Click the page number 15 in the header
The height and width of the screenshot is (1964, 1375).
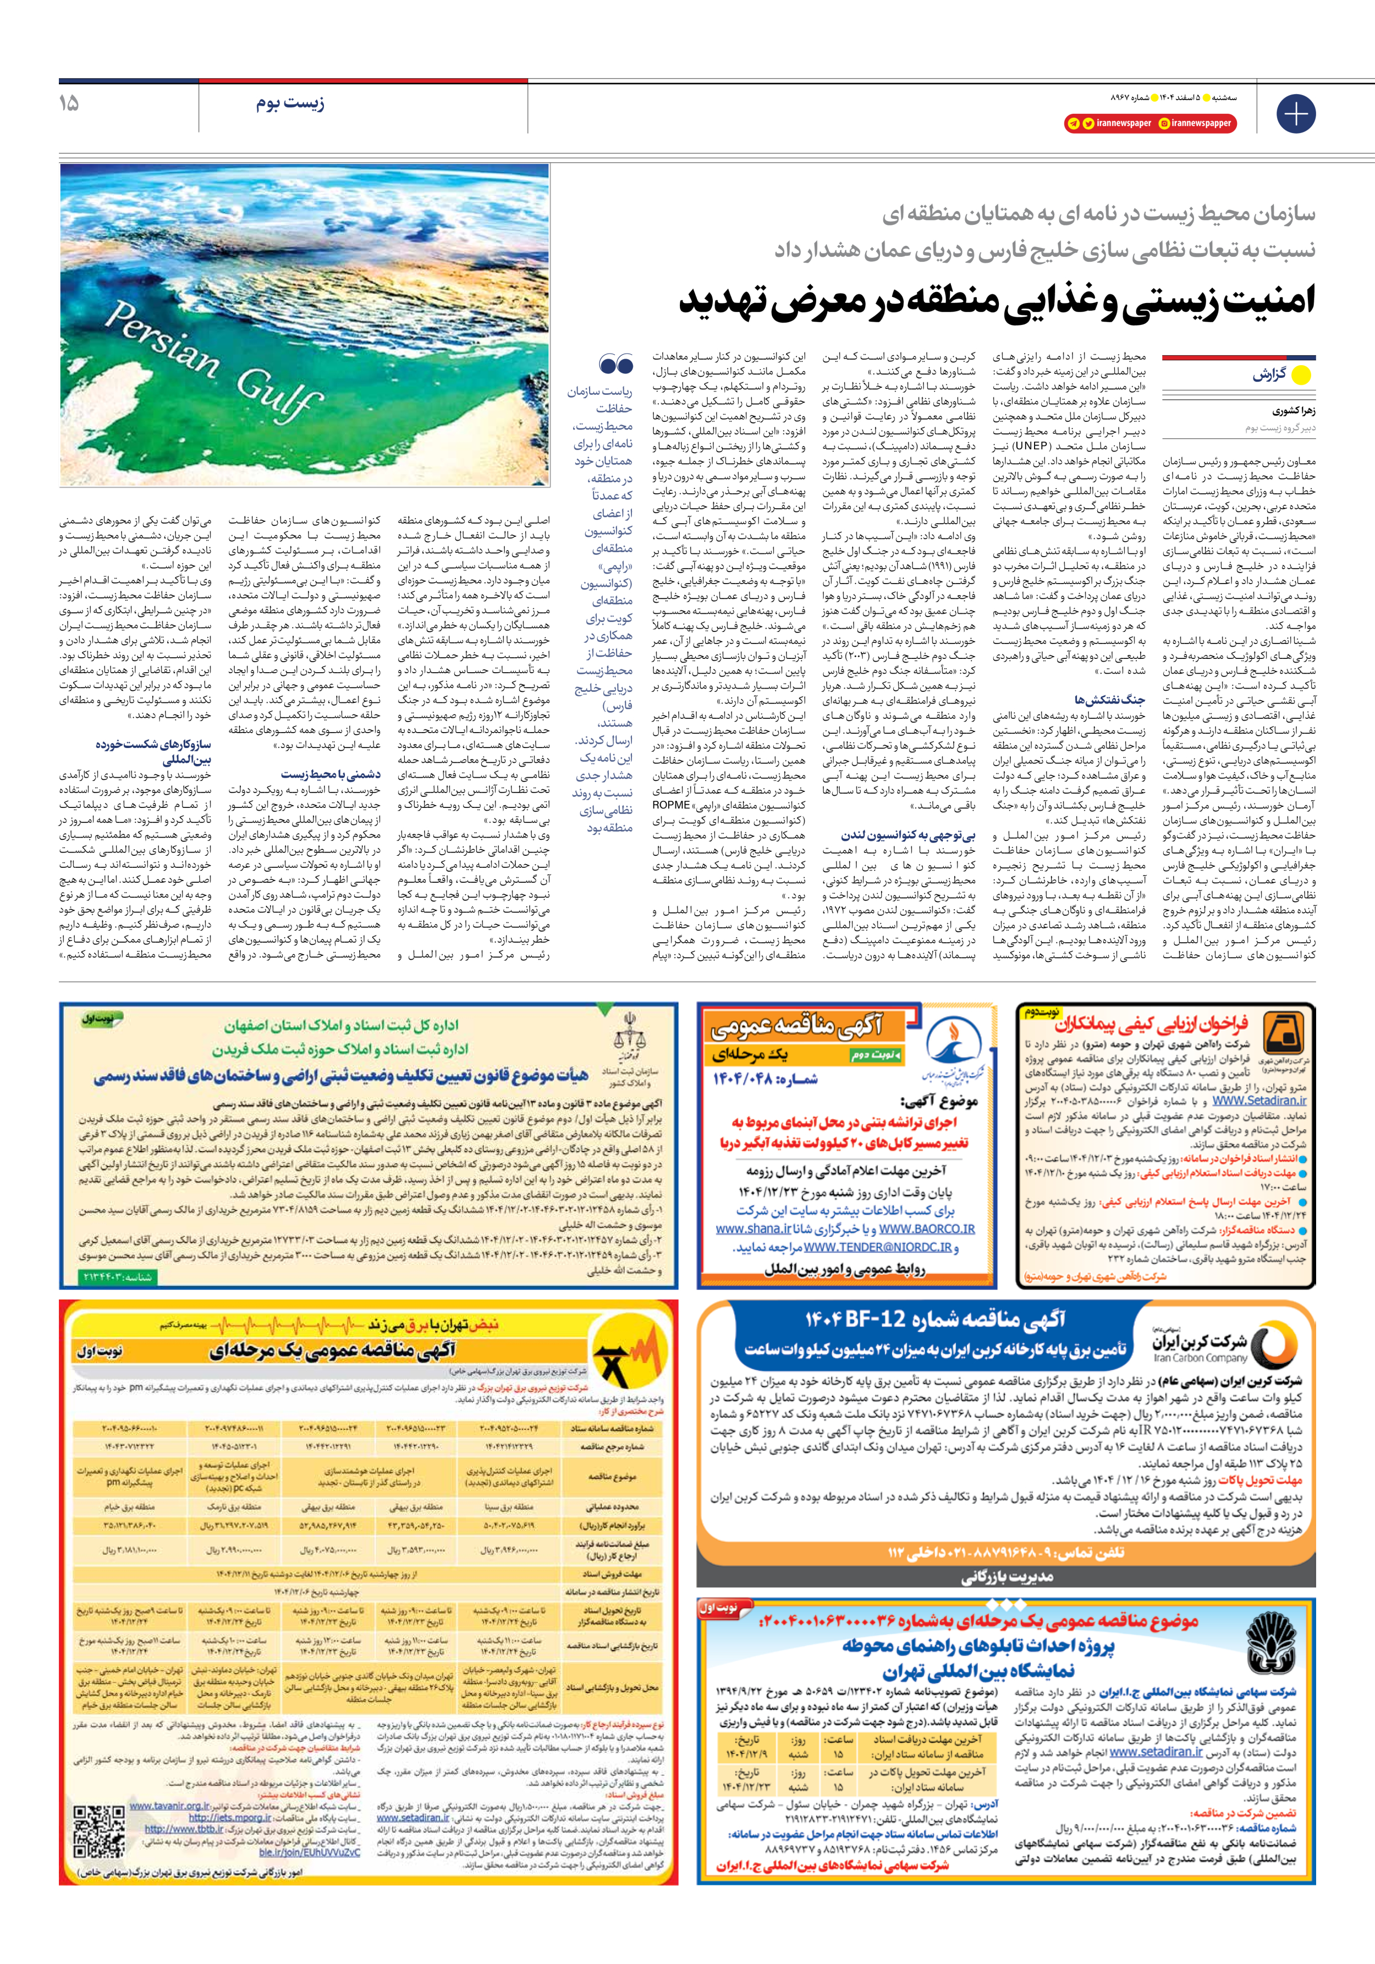(69, 103)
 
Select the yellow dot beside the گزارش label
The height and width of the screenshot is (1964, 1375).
(1301, 375)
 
